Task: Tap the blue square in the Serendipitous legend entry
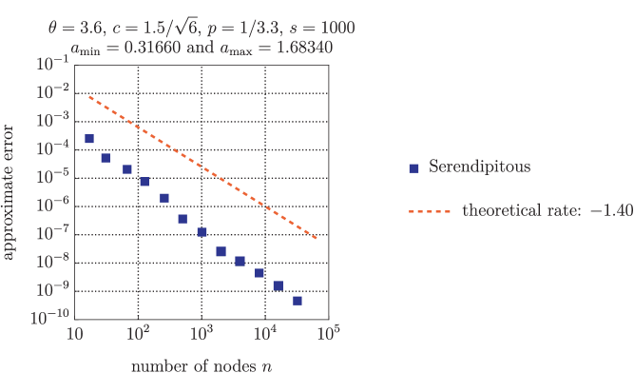coord(413,168)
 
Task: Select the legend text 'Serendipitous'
coord(479,167)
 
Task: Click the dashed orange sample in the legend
coord(429,211)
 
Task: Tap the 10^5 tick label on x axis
coord(329,334)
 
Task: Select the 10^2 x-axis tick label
coord(138,334)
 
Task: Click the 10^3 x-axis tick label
coord(202,334)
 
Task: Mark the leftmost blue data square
coord(89,139)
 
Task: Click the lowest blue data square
coord(298,301)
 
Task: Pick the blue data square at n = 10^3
coord(202,232)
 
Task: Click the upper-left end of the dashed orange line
coord(89,97)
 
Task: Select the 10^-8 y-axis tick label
coord(52,263)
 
